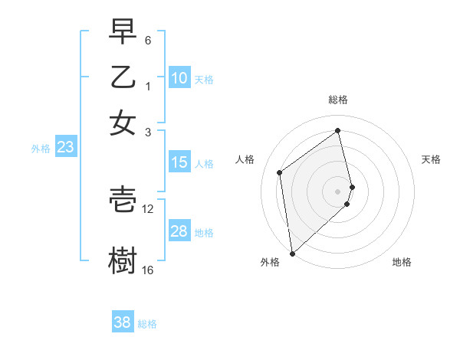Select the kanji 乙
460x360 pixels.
(x=123, y=77)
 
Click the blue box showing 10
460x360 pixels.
(x=179, y=78)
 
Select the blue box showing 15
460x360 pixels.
(x=179, y=162)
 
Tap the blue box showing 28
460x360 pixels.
(x=179, y=231)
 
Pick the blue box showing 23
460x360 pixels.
(x=65, y=148)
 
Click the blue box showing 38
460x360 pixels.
(x=123, y=322)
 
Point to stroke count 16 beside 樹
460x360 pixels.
(x=148, y=270)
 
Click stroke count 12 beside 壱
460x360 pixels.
(x=148, y=208)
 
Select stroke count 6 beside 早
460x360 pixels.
(x=148, y=40)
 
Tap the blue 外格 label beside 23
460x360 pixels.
(x=40, y=149)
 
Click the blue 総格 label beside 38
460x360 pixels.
(x=147, y=324)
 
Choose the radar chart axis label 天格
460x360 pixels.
(x=432, y=159)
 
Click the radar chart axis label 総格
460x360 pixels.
(x=338, y=100)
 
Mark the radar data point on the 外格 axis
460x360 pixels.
(x=292, y=253)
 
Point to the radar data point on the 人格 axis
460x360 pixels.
(x=280, y=172)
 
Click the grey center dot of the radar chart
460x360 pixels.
(x=338, y=191)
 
